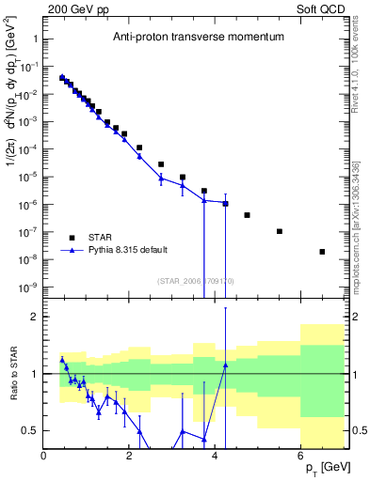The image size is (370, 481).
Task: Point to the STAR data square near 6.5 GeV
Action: pos(322,252)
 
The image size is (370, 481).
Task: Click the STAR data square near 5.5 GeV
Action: pos(280,231)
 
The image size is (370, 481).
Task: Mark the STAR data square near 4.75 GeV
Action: pos(247,215)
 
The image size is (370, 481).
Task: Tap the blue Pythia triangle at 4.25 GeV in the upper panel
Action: pos(226,203)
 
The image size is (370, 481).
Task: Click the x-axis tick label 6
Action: pos(301,456)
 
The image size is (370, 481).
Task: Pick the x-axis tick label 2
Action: pos(130,456)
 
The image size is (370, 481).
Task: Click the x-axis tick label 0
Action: pos(44,456)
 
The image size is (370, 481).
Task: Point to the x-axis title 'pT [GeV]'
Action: pos(327,467)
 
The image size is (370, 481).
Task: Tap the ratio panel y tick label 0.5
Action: pos(30,430)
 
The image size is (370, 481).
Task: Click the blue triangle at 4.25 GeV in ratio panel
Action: pos(226,365)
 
